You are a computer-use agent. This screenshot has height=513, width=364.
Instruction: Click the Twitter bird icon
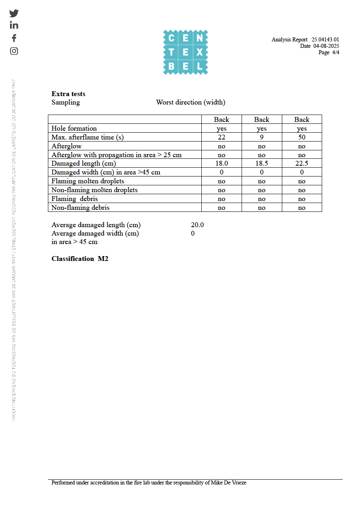tap(14, 13)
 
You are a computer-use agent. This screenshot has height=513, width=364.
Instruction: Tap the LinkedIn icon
tap(14, 25)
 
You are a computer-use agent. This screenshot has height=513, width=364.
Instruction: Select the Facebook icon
tap(14, 38)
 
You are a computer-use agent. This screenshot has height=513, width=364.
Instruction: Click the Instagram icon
tap(14, 51)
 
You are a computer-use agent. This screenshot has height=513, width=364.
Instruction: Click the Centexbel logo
tap(185, 52)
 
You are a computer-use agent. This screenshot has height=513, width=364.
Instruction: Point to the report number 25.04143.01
tap(325, 39)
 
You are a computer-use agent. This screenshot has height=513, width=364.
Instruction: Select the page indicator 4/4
tap(335, 52)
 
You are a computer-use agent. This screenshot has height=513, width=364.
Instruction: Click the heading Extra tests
tap(68, 94)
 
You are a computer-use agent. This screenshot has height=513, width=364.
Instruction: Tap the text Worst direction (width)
tap(190, 102)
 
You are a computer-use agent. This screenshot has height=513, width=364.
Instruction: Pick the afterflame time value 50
tap(302, 137)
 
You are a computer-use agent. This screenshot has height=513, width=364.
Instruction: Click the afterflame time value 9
tap(262, 137)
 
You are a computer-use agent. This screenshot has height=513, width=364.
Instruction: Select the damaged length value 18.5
tap(262, 164)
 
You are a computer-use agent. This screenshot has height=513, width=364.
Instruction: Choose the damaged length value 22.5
tap(302, 164)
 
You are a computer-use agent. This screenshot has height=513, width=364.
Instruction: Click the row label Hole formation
tap(74, 128)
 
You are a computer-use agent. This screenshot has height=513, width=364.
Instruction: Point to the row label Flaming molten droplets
tap(88, 181)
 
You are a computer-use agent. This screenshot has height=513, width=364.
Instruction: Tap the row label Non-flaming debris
tap(81, 207)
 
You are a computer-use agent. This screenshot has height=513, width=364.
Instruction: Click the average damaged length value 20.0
tap(197, 225)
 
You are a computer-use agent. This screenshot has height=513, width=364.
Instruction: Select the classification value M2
tap(103, 259)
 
